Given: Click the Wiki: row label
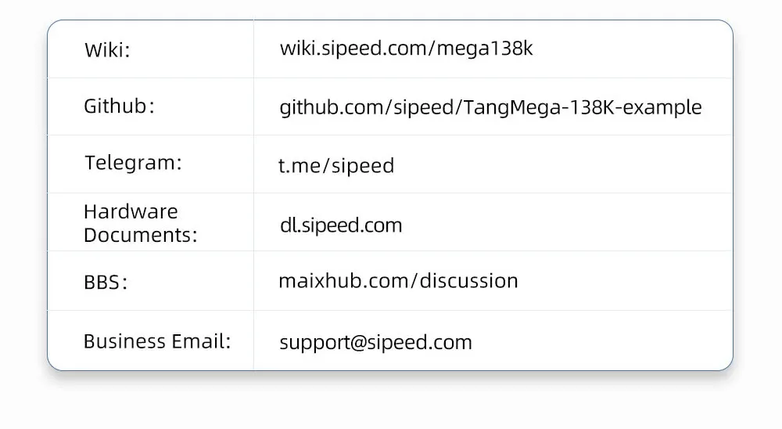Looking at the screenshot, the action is [107, 50].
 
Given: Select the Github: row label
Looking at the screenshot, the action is [119, 106].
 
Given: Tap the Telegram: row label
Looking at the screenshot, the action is [133, 163].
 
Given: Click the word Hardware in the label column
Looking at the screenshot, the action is [131, 211].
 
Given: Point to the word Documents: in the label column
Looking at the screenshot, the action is [141, 235].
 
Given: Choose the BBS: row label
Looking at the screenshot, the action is [106, 282].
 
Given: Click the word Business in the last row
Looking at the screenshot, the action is [124, 341].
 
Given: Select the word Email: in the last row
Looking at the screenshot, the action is [201, 341].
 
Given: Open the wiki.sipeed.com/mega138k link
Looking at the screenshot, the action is [406, 49].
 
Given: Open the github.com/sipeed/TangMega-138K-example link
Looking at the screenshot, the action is [491, 107].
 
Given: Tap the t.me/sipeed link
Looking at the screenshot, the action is [336, 165].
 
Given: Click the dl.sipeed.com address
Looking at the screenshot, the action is [341, 225].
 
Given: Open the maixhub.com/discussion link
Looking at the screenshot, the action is [398, 281].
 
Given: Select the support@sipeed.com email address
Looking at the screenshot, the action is [375, 343].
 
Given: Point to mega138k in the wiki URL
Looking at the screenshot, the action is [485, 49].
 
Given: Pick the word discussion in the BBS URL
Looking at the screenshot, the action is [468, 281].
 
